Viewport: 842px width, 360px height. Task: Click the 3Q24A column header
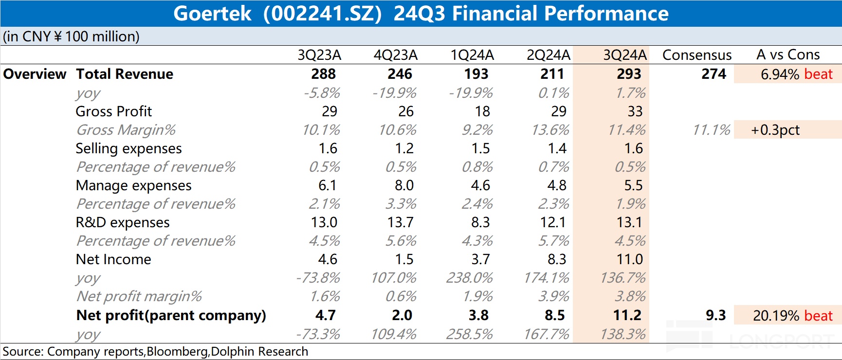pyautogui.click(x=625, y=55)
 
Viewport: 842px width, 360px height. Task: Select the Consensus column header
pyautogui.click(x=697, y=55)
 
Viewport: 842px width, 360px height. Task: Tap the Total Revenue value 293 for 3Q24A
pyautogui.click(x=629, y=74)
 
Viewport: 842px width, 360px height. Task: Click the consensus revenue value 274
pyautogui.click(x=714, y=74)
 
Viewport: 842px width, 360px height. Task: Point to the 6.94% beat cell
pyautogui.click(x=796, y=74)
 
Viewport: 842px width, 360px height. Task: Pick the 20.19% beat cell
pyautogui.click(x=792, y=316)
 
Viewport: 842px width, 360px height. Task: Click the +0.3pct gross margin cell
pyautogui.click(x=775, y=130)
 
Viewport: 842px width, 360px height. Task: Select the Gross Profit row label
pyautogui.click(x=114, y=111)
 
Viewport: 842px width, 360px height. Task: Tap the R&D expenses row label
pyautogui.click(x=123, y=222)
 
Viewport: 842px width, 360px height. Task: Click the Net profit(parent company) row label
pyautogui.click(x=171, y=315)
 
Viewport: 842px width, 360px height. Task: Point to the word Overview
pyautogui.click(x=35, y=74)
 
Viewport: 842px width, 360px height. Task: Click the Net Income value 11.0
pyautogui.click(x=630, y=259)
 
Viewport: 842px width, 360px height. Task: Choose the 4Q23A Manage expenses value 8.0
pyautogui.click(x=404, y=185)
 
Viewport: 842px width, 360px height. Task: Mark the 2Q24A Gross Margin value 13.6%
pyautogui.click(x=554, y=130)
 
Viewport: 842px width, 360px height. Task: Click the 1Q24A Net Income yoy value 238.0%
pyautogui.click(x=470, y=278)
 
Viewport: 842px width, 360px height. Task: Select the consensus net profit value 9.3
pyautogui.click(x=715, y=315)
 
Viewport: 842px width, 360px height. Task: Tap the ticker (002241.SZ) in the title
pyautogui.click(x=323, y=14)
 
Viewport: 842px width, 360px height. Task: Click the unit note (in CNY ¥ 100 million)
pyautogui.click(x=71, y=36)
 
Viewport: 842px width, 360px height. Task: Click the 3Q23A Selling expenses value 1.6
pyautogui.click(x=328, y=148)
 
